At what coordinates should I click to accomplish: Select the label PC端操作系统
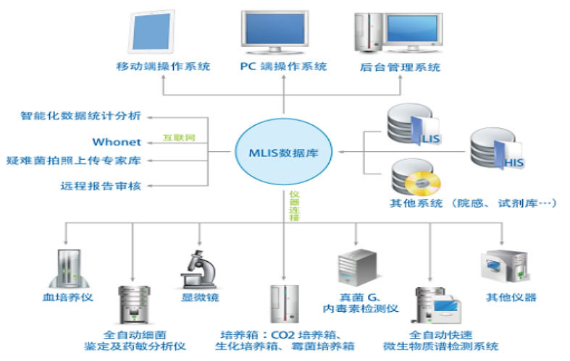pos(283,67)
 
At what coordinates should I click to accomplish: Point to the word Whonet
pos(117,142)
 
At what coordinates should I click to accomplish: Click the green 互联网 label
pos(179,137)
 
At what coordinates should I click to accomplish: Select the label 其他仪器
pos(510,297)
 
